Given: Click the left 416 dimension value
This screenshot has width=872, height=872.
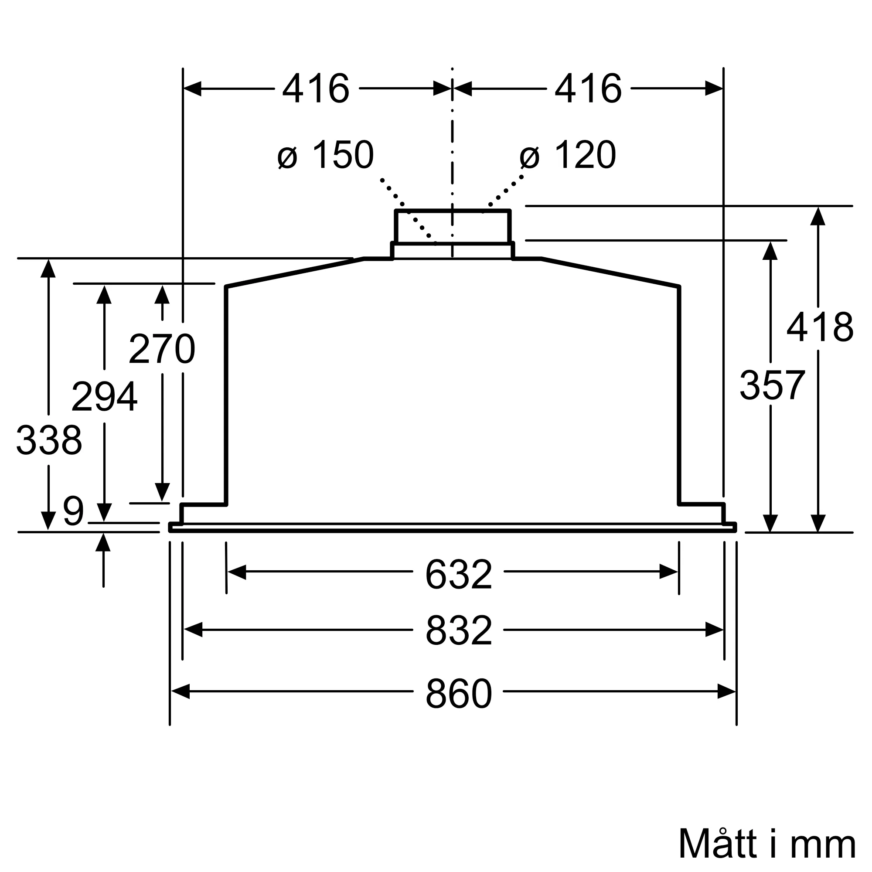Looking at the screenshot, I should (x=316, y=89).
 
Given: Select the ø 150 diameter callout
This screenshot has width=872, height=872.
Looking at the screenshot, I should (x=326, y=155).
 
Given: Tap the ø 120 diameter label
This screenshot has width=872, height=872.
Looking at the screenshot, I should (x=568, y=155).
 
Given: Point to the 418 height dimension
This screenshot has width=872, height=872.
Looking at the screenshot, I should (x=820, y=327).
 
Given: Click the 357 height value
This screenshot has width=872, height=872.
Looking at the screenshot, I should (x=772, y=385).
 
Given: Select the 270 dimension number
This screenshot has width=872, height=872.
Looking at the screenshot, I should (x=162, y=349).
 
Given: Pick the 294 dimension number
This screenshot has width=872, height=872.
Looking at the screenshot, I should (x=104, y=396).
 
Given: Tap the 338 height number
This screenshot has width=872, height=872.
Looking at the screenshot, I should (x=49, y=440).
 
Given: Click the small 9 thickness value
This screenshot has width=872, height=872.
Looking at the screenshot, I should (x=73, y=511).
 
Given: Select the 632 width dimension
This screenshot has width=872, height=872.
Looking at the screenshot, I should (x=458, y=575).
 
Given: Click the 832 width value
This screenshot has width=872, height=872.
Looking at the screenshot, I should (x=458, y=631).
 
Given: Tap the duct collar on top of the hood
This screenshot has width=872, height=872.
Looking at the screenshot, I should (x=452, y=227).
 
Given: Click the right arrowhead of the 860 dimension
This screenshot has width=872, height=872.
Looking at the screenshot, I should (x=727, y=691).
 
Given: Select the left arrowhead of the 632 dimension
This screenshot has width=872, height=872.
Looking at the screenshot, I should (x=236, y=572).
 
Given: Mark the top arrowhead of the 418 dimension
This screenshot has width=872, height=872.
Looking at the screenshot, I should (x=818, y=217).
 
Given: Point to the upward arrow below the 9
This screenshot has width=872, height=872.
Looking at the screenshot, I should (x=103, y=542).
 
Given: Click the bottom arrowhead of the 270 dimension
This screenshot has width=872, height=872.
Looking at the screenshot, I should (x=162, y=492).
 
